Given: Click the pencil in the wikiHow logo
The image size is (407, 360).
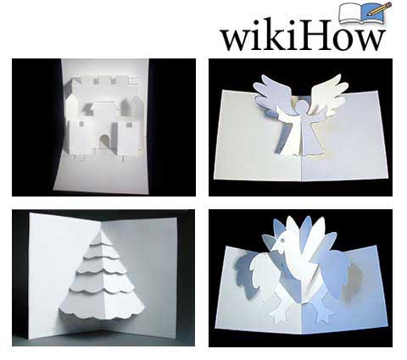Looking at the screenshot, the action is [x=381, y=8].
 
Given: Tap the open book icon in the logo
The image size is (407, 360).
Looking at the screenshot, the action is [x=362, y=14].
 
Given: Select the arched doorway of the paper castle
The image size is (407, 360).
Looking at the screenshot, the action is [x=104, y=142].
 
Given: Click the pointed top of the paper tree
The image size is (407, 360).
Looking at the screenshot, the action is [x=102, y=229].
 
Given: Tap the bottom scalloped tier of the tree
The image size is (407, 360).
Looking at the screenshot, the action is [x=103, y=303].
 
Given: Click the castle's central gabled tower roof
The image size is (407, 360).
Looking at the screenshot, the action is [x=104, y=106].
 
